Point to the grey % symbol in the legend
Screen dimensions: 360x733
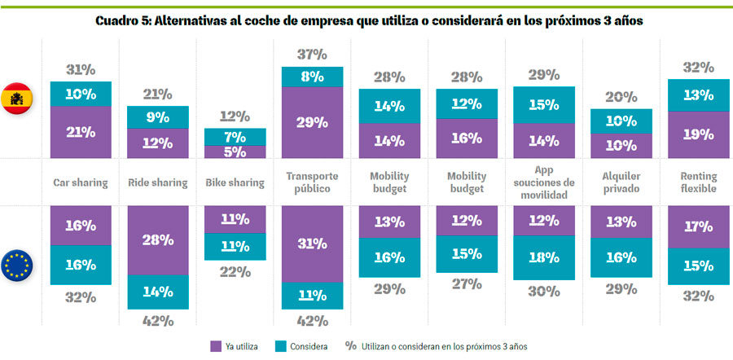pos(351,346)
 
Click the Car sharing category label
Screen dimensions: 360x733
pos(80,182)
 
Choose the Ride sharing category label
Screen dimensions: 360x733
pos(157,182)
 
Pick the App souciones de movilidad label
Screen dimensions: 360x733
pos(544,182)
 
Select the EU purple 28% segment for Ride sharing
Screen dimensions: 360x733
pos(157,239)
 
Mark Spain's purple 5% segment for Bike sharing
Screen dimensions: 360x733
pos(235,151)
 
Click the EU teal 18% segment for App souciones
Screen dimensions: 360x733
pos(544,258)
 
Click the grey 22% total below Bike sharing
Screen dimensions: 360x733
pos(235,272)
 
